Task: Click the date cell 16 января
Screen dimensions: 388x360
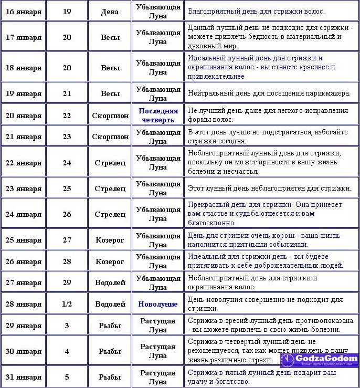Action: (23, 11)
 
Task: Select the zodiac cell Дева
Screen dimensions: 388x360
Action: (110, 11)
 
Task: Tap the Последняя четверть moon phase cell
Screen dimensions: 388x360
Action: (158, 116)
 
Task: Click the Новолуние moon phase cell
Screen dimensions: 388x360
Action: (158, 304)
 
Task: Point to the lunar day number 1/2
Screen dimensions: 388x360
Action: (67, 304)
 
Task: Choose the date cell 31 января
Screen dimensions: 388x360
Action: (23, 377)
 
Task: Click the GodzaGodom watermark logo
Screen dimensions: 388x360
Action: (319, 361)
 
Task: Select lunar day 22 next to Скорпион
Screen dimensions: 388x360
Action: (67, 116)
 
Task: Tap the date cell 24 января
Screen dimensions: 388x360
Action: (23, 214)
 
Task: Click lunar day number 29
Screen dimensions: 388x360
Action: (67, 282)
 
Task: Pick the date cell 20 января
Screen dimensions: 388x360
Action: (23, 116)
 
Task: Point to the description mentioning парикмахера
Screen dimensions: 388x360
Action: (269, 93)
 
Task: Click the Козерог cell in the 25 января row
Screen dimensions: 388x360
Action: (110, 240)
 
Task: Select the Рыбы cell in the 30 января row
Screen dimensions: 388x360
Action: (110, 351)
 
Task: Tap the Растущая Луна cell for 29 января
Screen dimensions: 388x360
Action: (158, 326)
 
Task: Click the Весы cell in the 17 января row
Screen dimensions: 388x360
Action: (110, 37)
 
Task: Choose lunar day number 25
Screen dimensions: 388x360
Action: (67, 188)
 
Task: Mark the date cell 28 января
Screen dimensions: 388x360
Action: (23, 304)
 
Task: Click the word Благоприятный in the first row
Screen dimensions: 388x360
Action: (212, 11)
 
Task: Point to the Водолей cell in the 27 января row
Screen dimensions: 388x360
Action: (110, 282)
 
